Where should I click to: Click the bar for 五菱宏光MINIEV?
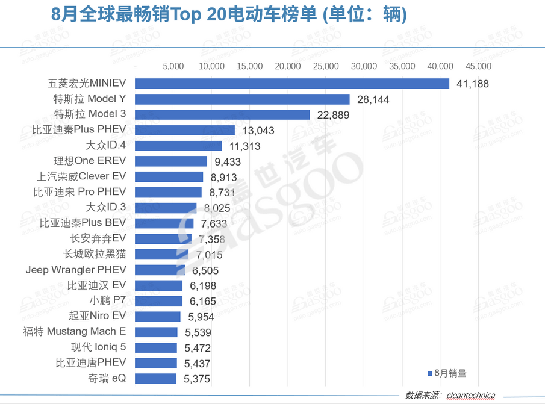pyautogui.click(x=292, y=84)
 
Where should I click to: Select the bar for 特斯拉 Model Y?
pyautogui.click(x=243, y=99)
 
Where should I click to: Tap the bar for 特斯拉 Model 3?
pyautogui.click(x=222, y=114)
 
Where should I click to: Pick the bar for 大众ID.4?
pyautogui.click(x=179, y=146)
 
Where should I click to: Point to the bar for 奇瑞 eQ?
pyautogui.click(x=156, y=379)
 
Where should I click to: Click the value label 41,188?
pyautogui.click(x=472, y=84)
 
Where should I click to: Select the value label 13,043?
pyautogui.click(x=258, y=131)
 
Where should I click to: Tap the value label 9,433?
pyautogui.click(x=228, y=161)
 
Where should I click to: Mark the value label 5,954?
pyautogui.click(x=201, y=317)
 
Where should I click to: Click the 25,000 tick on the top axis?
pyautogui.click(x=326, y=66)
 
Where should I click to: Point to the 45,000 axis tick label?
pyautogui.click(x=478, y=66)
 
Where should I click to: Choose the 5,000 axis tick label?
pyautogui.click(x=173, y=66)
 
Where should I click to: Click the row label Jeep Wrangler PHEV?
pyautogui.click(x=76, y=270)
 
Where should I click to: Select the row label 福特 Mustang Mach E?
pyautogui.click(x=75, y=331)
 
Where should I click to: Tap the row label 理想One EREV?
pyautogui.click(x=90, y=161)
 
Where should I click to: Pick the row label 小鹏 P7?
pyautogui.click(x=108, y=300)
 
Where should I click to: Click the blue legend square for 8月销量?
pyautogui.click(x=429, y=373)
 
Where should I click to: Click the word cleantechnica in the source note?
pyautogui.click(x=470, y=396)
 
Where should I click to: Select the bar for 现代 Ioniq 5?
pyautogui.click(x=156, y=348)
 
